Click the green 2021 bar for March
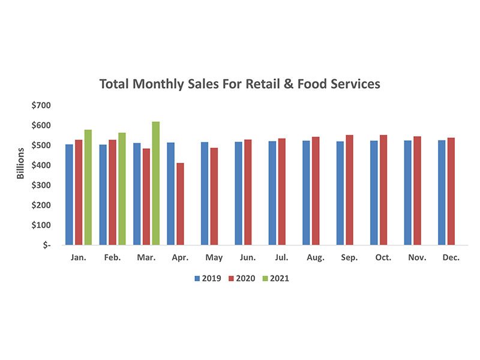pos(155,183)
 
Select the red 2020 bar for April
pos(179,204)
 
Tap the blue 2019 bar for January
pos(69,194)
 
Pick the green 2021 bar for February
pos(122,189)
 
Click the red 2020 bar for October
pos(383,190)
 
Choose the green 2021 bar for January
pos(88,187)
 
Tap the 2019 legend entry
pos(208,278)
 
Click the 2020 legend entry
pos(242,278)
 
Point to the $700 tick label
pos(41,106)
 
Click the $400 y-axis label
pos(41,165)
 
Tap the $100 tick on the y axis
pos(41,225)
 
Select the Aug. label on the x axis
pos(316,257)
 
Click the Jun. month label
pos(248,257)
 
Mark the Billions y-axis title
pos(20,163)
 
